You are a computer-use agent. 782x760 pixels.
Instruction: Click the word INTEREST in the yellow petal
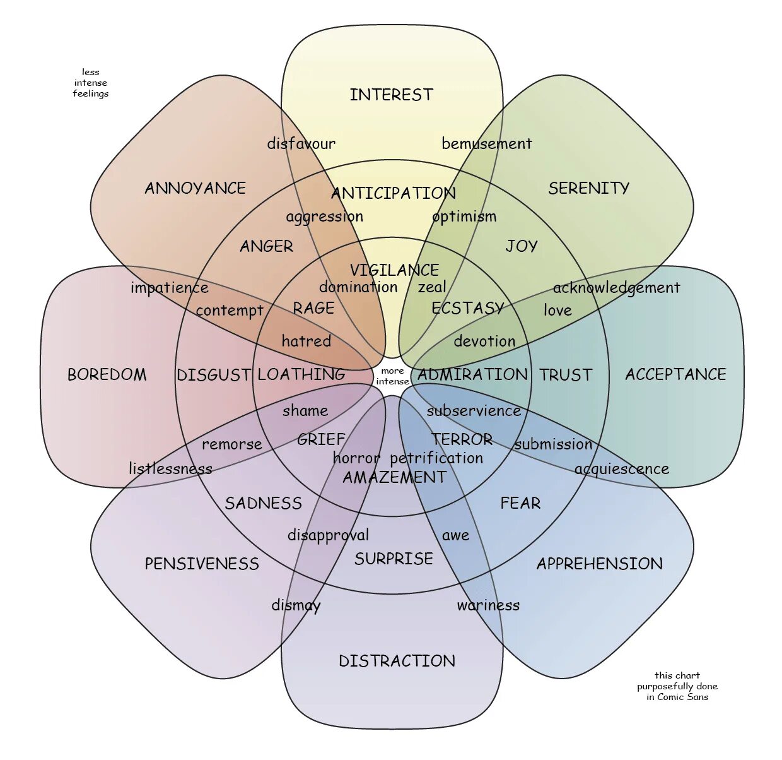pos(391,95)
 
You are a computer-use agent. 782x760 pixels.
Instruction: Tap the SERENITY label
pos(588,188)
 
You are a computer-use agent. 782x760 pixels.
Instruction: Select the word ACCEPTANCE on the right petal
pos(675,374)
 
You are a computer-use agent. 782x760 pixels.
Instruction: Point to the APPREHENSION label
pos(599,564)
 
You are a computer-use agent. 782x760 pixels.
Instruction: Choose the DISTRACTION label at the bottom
pos(397,661)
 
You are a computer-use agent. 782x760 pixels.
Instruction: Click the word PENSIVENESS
pos(202,564)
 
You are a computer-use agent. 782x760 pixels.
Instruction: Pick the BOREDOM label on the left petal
pos(107,374)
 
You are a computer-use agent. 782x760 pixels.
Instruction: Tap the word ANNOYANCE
pos(195,188)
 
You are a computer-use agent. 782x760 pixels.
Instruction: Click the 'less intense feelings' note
pos(90,83)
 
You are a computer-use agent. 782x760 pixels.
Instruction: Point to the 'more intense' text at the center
pos(392,376)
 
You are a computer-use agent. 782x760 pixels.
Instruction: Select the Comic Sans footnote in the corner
pos(677,686)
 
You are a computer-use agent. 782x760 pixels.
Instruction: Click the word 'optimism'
pos(464,217)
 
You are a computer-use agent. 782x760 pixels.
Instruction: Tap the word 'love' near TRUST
pos(557,310)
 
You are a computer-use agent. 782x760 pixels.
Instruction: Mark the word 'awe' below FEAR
pos(455,535)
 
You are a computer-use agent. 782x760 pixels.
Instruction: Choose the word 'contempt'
pos(229,311)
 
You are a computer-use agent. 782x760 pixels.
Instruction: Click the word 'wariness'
pos(488,605)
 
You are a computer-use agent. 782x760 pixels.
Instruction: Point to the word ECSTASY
pos(467,308)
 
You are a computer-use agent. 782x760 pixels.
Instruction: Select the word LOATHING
pos(301,374)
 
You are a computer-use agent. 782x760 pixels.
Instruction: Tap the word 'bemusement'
pos(486,144)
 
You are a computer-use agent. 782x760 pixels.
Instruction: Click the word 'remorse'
pos(231,444)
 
